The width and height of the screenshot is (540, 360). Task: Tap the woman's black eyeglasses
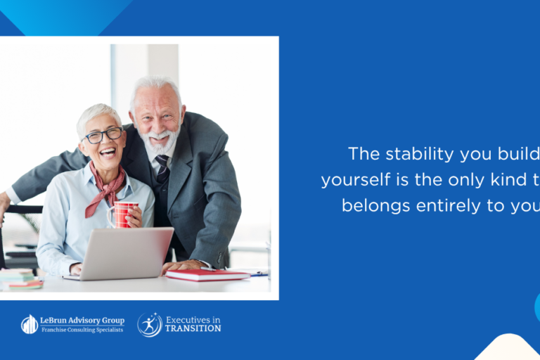click(x=103, y=135)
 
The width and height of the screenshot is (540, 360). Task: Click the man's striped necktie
click(x=162, y=168)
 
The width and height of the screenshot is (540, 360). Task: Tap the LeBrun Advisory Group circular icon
click(x=30, y=324)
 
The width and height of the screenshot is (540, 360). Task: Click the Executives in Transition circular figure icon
click(x=150, y=324)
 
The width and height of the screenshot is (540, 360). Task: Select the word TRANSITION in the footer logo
click(x=193, y=329)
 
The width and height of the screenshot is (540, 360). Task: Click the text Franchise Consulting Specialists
click(x=83, y=330)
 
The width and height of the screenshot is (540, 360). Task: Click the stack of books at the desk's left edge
click(x=21, y=279)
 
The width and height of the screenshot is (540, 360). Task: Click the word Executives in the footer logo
click(x=189, y=319)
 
